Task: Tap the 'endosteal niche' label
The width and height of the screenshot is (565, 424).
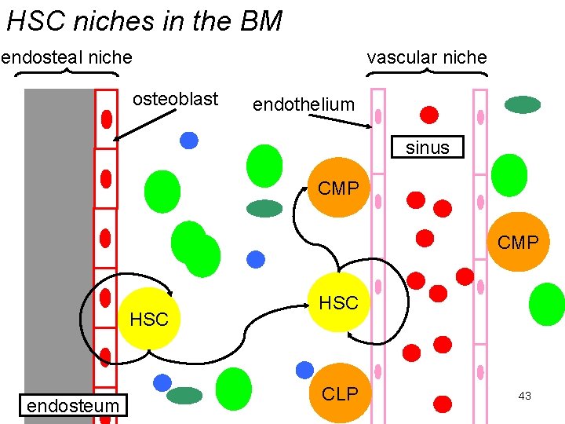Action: (x=67, y=57)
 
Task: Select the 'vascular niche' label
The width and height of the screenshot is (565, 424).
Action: (x=427, y=57)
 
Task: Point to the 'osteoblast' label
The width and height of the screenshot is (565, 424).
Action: (x=175, y=99)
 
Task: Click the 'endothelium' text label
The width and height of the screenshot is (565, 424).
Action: (x=303, y=104)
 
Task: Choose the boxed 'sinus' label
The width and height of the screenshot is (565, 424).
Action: (x=428, y=148)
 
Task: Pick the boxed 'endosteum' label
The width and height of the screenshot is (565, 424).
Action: (x=72, y=406)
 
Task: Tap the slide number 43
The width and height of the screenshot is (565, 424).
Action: (x=525, y=396)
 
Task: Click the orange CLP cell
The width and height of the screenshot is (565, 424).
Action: (x=339, y=393)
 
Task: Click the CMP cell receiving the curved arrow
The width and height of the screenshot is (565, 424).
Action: (x=338, y=188)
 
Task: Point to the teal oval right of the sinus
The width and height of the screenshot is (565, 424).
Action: (x=523, y=104)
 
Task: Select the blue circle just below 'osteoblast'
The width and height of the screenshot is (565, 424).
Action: (x=188, y=140)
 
